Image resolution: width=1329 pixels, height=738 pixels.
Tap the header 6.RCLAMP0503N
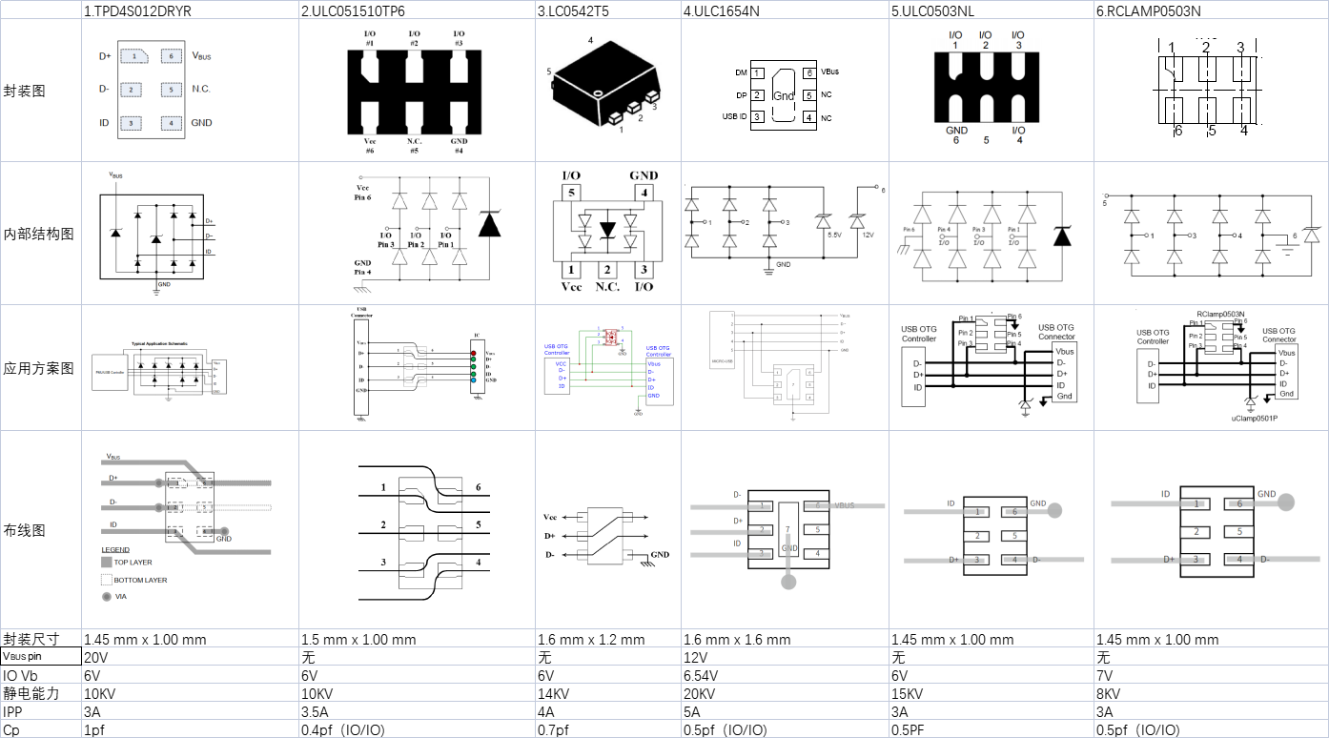click(x=1148, y=10)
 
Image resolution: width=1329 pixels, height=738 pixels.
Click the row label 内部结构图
click(x=39, y=234)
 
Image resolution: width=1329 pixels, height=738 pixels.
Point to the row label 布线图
click(x=26, y=530)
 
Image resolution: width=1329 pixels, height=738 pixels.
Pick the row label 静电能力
click(x=26, y=693)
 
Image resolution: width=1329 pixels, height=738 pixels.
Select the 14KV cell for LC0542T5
click(x=555, y=693)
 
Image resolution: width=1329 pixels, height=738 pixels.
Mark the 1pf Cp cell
click(x=94, y=729)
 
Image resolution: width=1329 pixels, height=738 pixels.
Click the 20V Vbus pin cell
click(x=95, y=657)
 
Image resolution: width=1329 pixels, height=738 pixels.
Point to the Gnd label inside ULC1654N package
click(x=783, y=95)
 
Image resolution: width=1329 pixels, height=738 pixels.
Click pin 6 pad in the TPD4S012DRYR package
click(x=172, y=56)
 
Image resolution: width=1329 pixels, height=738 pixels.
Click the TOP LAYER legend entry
click(x=133, y=563)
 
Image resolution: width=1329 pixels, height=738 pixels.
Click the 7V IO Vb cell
click(x=1106, y=675)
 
